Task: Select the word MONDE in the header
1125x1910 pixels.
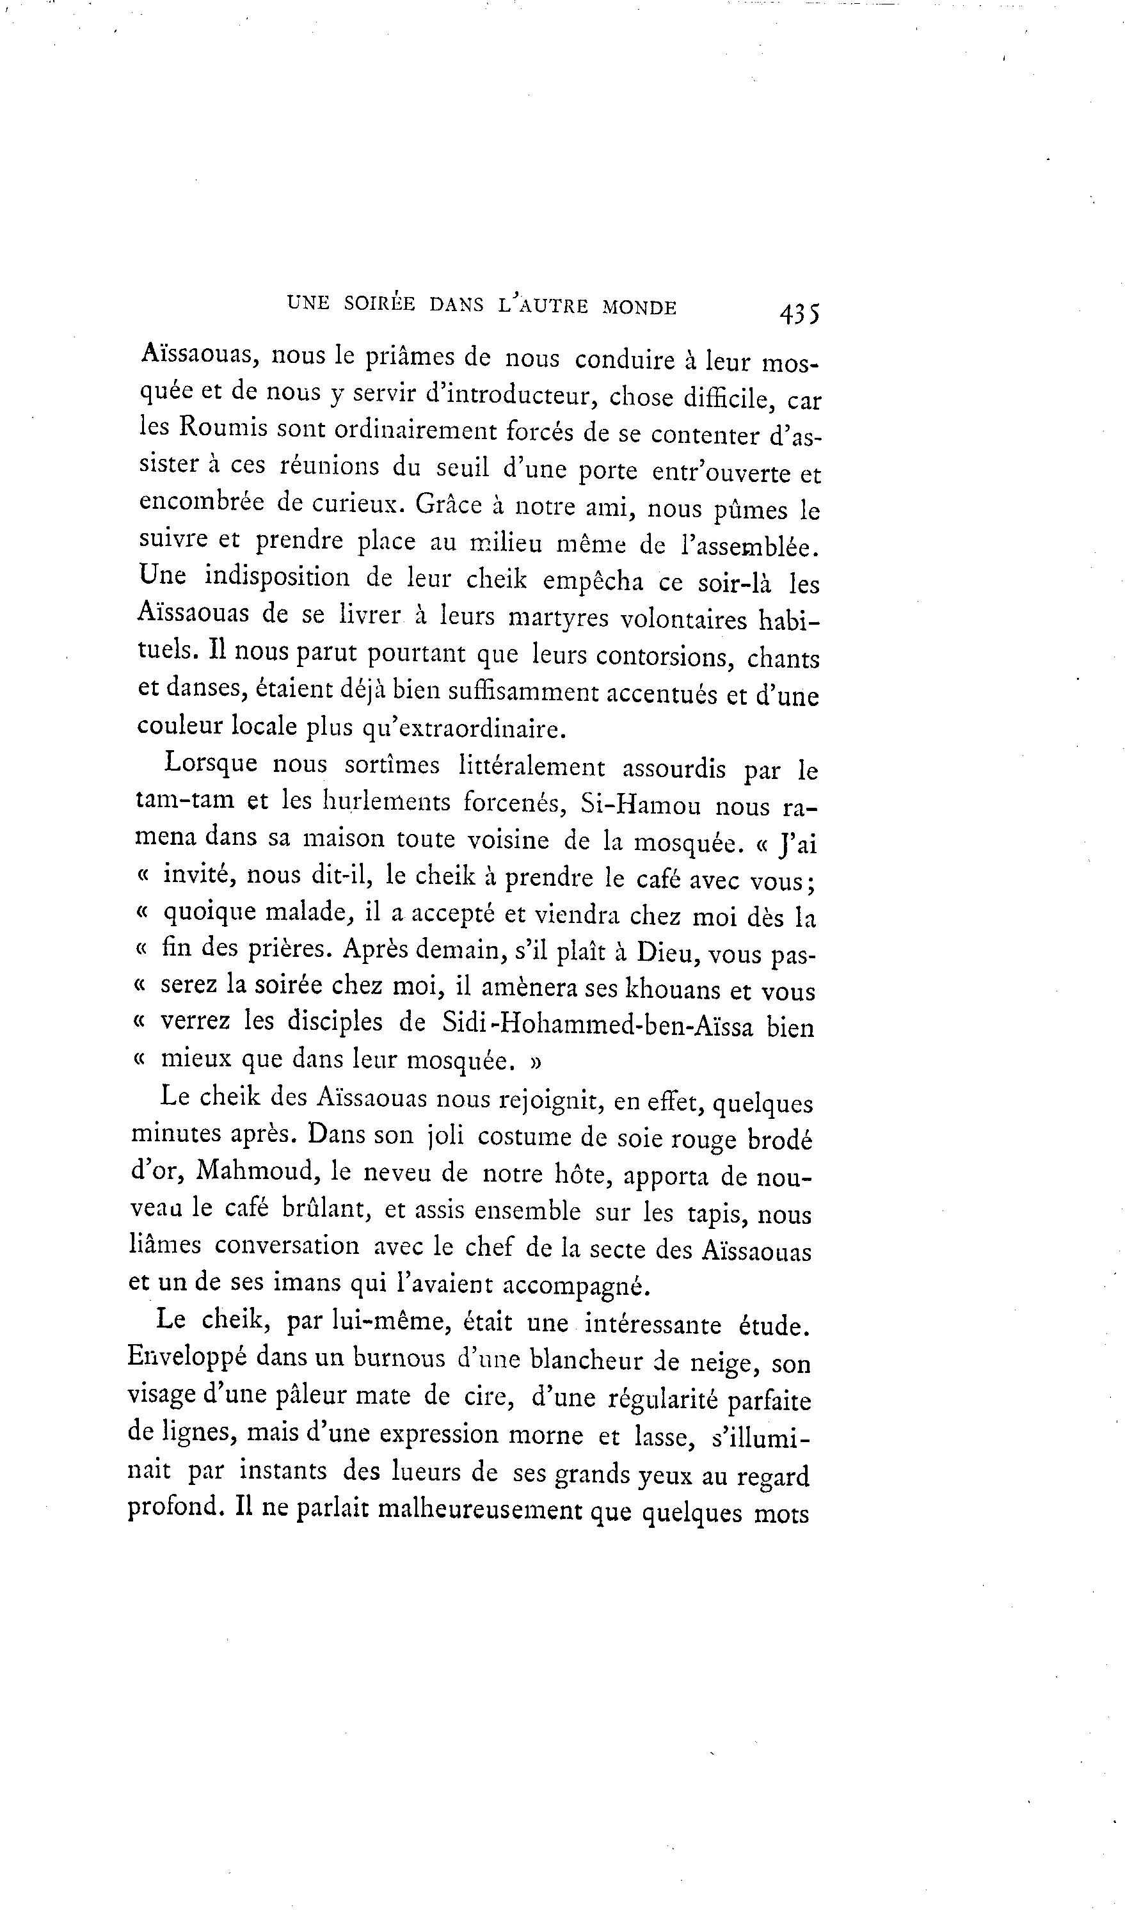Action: (x=639, y=307)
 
